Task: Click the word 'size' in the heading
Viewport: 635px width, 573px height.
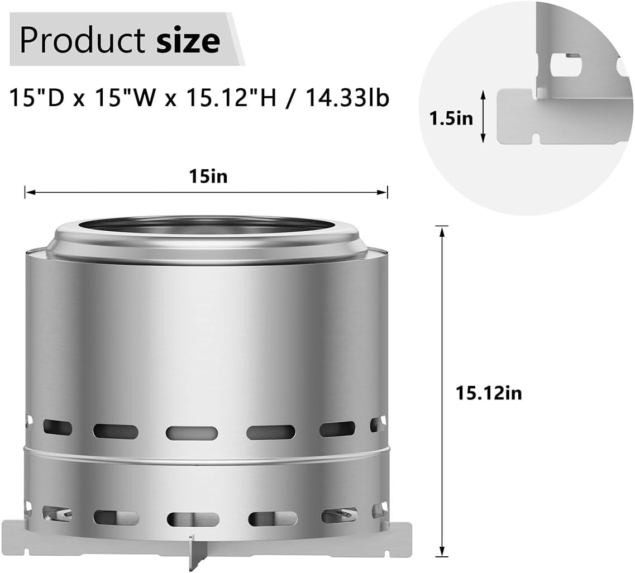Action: point(188,41)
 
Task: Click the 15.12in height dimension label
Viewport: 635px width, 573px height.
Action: point(489,393)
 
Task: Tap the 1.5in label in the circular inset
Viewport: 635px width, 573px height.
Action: point(451,118)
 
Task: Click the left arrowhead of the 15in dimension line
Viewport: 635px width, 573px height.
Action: point(28,192)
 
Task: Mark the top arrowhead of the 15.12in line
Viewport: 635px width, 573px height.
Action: point(442,230)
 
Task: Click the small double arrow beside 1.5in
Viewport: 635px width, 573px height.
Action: point(484,117)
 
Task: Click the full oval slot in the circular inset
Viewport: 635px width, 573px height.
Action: point(565,65)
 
